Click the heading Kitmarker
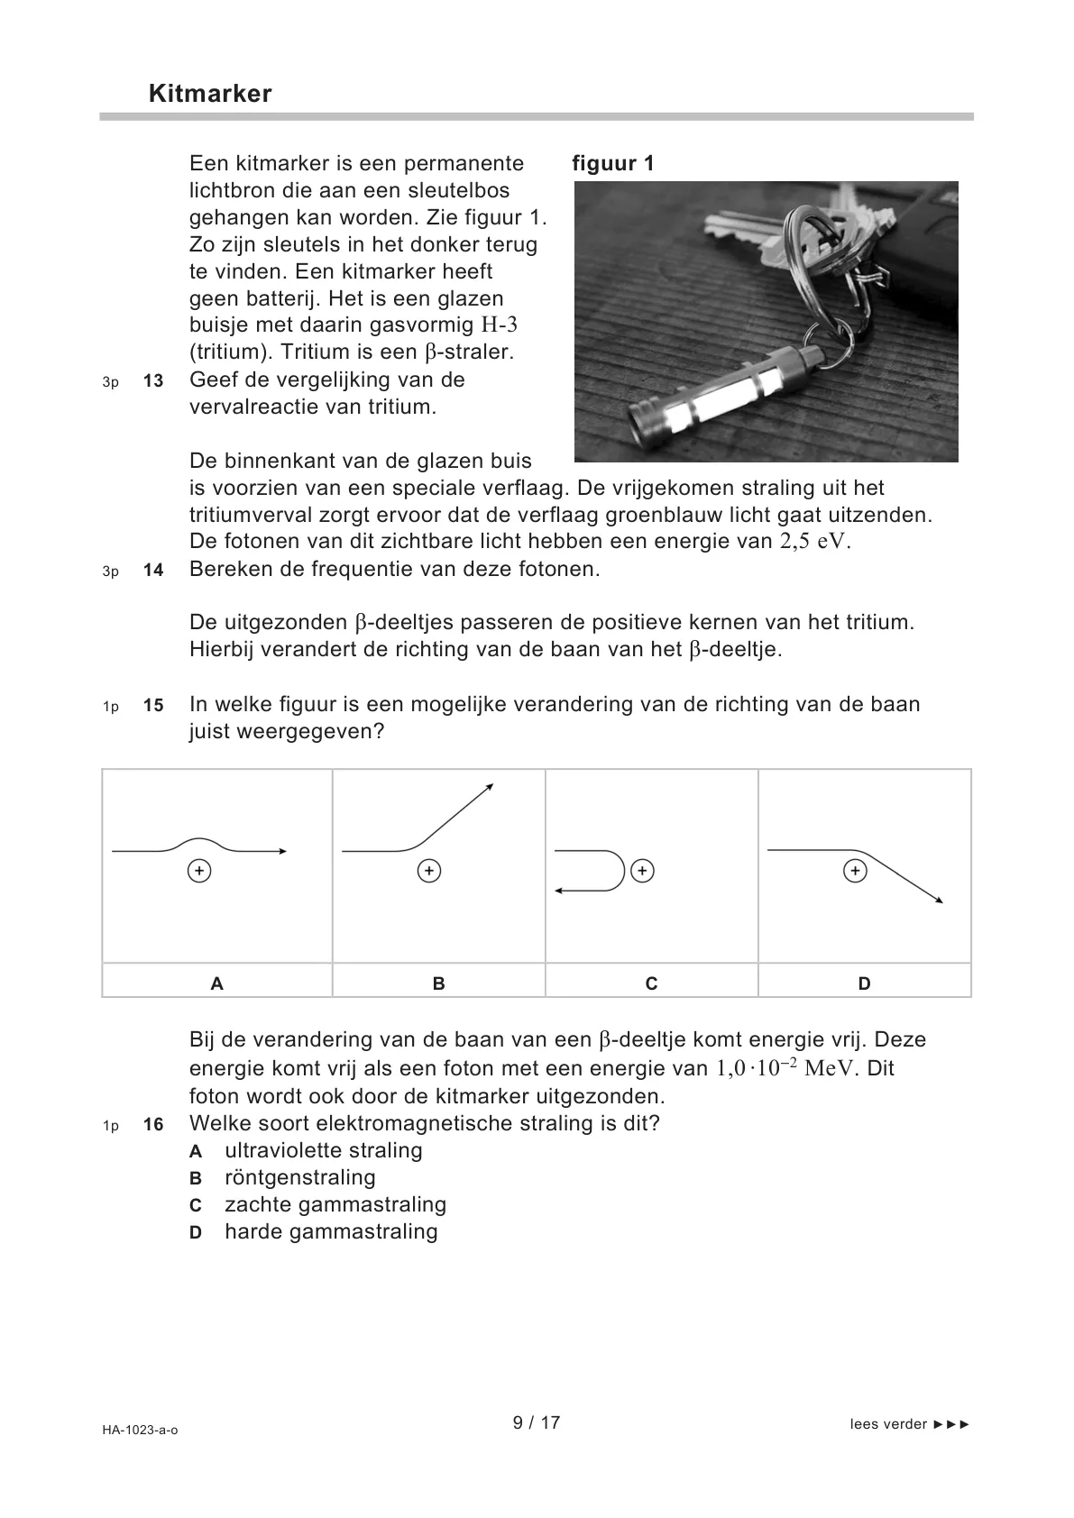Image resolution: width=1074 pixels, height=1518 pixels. click(209, 95)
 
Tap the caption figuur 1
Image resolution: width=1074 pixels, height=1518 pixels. click(613, 163)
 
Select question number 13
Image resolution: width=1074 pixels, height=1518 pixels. click(153, 381)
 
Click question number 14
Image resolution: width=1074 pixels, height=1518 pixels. click(153, 571)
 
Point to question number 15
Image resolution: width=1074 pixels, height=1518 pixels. click(153, 706)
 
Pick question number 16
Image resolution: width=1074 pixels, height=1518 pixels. click(153, 1125)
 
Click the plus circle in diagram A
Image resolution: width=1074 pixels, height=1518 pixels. click(199, 871)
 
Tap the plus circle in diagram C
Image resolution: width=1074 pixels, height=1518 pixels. click(642, 871)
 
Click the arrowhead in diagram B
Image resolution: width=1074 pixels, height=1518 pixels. click(490, 788)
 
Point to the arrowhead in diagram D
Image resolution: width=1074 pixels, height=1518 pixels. click(939, 899)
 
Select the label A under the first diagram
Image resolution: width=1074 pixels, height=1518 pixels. click(216, 983)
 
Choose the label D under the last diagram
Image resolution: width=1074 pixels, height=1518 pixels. click(864, 983)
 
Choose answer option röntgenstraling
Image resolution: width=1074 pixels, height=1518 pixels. click(299, 1178)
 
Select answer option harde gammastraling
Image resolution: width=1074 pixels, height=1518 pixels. click(330, 1232)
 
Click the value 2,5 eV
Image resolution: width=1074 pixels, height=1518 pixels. click(814, 542)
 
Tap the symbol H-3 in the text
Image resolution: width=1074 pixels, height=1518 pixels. click(499, 325)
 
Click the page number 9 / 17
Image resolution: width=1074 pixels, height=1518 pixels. click(537, 1422)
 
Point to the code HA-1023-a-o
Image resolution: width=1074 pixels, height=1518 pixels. click(140, 1430)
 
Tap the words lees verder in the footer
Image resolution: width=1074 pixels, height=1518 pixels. click(888, 1424)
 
